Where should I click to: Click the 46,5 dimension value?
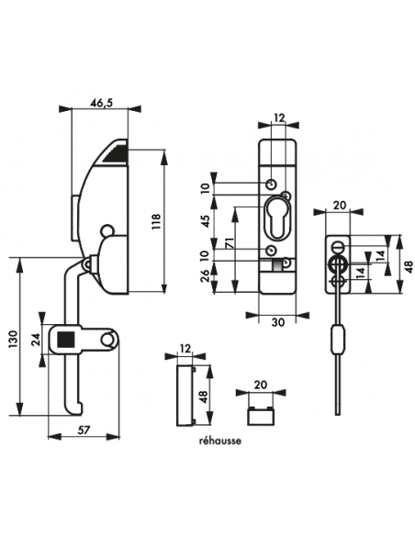point(101,103)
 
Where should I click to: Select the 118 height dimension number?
point(155,221)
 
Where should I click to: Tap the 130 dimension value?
point(13,339)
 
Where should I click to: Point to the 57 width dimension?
point(84,430)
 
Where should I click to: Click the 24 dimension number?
point(36,340)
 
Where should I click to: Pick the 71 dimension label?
point(229,243)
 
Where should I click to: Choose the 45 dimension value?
point(207,221)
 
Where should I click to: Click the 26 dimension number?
point(207,275)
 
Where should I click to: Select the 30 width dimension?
point(278,322)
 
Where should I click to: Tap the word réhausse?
point(220,441)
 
